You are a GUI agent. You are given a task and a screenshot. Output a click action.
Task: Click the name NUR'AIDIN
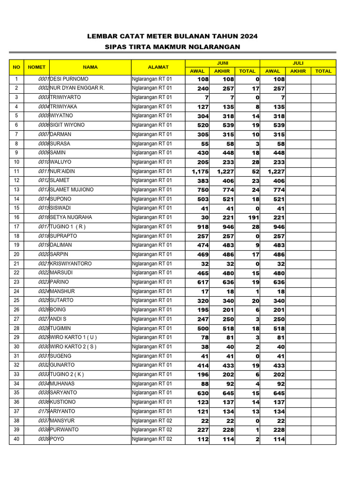[62, 172]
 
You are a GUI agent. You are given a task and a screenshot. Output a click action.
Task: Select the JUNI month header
[222, 63]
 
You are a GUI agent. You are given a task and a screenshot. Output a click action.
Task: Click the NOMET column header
[37, 67]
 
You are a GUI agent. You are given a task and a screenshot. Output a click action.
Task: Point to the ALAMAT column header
[158, 67]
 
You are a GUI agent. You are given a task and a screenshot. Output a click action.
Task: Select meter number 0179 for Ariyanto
[44, 412]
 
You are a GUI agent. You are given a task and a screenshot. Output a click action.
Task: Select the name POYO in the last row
[57, 439]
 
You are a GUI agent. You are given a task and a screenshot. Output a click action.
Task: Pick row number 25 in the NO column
[16, 300]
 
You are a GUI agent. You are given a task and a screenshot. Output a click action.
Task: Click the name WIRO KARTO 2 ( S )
[73, 347]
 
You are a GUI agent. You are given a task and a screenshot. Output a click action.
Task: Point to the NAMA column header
[90, 67]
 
